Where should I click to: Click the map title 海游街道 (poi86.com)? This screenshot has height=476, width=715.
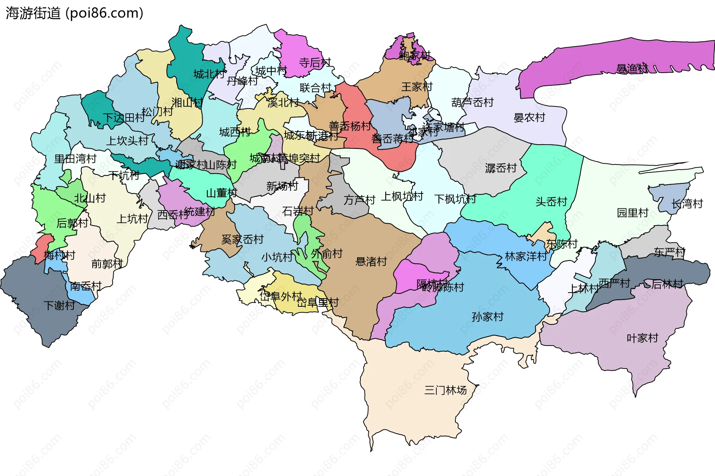pyautogui.click(x=74, y=13)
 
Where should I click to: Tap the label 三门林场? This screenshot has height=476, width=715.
pyautogui.click(x=445, y=390)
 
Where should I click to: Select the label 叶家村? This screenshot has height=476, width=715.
pyautogui.click(x=642, y=338)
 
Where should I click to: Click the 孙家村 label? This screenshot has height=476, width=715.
pyautogui.click(x=487, y=317)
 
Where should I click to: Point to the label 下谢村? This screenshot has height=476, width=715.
pyautogui.click(x=60, y=306)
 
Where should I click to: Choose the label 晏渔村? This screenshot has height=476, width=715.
pyautogui.click(x=632, y=69)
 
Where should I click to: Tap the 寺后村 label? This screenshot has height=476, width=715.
pyautogui.click(x=315, y=63)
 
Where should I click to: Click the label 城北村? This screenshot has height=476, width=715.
pyautogui.click(x=209, y=74)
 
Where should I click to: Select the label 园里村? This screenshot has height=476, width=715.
pyautogui.click(x=633, y=213)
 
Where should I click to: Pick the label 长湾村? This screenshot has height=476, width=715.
pyautogui.click(x=687, y=204)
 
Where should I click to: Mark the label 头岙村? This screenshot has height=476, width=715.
pyautogui.click(x=551, y=202)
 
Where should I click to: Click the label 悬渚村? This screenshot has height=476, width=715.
pyautogui.click(x=371, y=262)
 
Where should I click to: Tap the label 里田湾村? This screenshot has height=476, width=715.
pyautogui.click(x=75, y=159)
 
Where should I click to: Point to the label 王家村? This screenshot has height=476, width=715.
pyautogui.click(x=417, y=87)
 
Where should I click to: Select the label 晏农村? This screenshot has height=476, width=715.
pyautogui.click(x=529, y=118)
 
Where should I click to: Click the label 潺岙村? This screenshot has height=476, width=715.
pyautogui.click(x=501, y=168)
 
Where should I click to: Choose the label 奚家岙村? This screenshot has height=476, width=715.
pyautogui.click(x=242, y=239)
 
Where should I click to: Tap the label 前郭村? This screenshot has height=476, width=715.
pyautogui.click(x=107, y=264)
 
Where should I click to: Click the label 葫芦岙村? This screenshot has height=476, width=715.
pyautogui.click(x=472, y=102)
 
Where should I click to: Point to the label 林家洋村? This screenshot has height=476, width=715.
pyautogui.click(x=526, y=256)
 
